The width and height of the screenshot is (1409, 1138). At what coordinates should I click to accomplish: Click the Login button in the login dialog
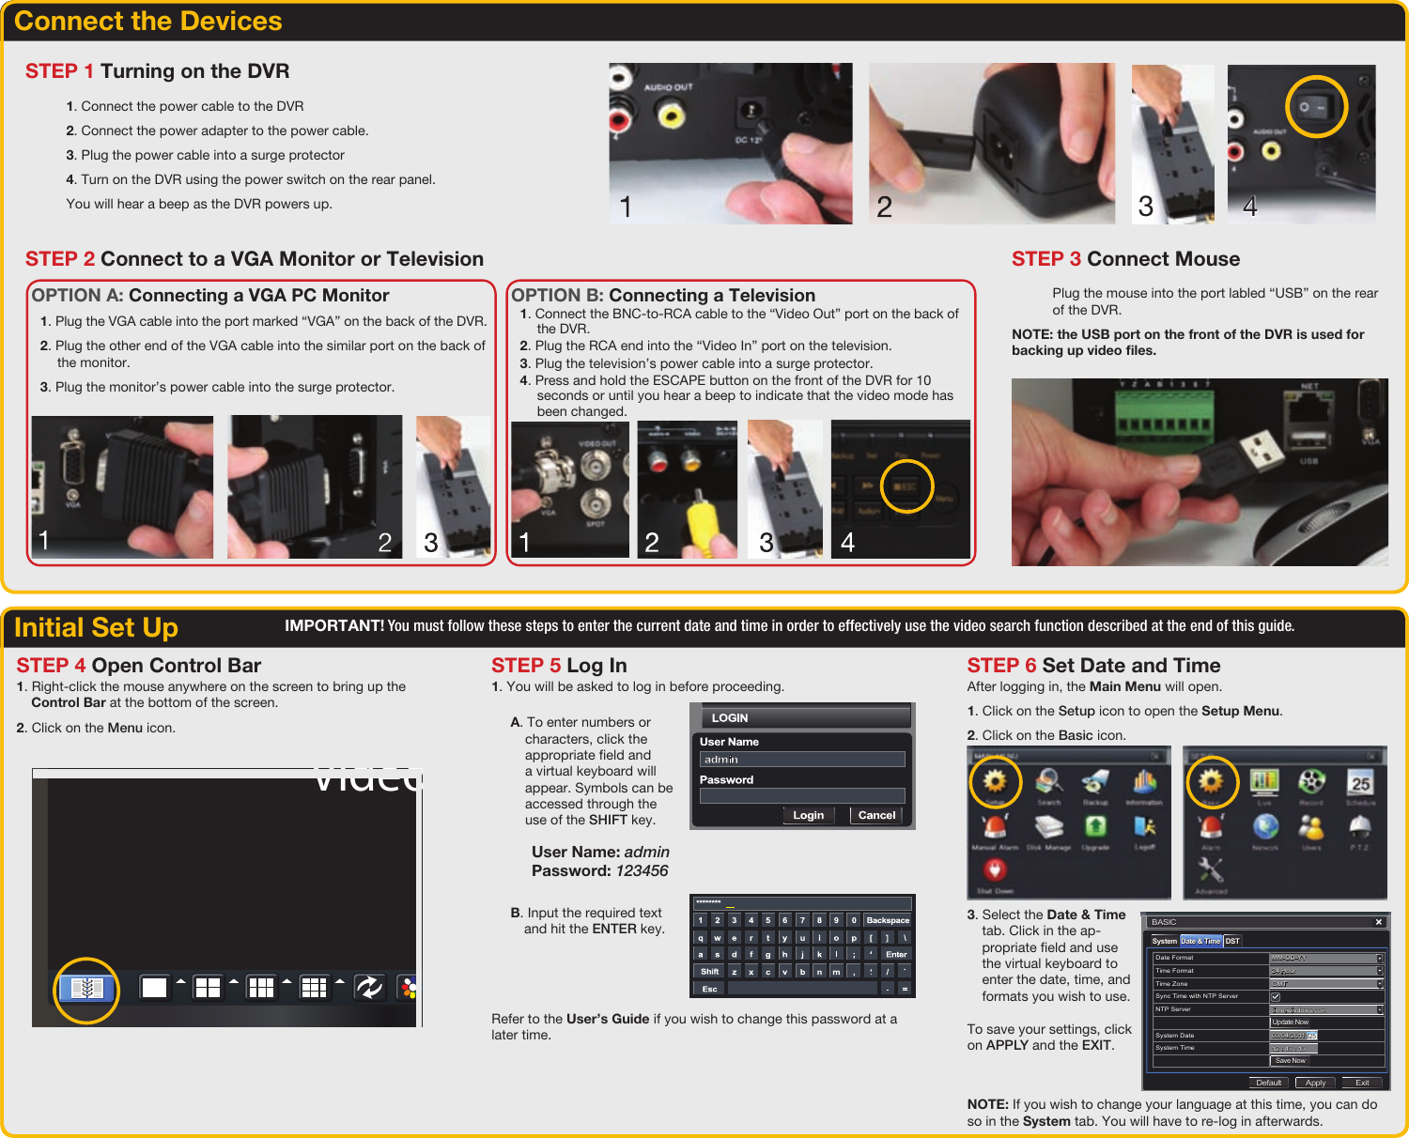[x=808, y=815]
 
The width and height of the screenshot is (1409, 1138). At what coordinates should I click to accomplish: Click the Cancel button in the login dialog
[x=876, y=815]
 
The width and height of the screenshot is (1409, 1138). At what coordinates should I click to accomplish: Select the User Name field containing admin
[x=801, y=760]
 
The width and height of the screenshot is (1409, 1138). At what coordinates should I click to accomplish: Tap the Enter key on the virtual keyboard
[x=896, y=954]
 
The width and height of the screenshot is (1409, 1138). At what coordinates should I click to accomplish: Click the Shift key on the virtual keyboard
[x=709, y=972]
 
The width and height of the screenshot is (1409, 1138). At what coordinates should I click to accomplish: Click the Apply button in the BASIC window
[x=1315, y=1083]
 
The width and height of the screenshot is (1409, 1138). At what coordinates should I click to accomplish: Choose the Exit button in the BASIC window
[x=1362, y=1083]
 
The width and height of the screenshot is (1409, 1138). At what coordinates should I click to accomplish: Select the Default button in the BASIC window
[x=1268, y=1083]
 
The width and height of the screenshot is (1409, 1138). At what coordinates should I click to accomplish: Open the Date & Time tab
[x=1200, y=941]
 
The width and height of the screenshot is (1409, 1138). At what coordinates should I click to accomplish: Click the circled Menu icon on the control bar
[x=86, y=989]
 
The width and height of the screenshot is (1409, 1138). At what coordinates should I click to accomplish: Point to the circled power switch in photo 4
[x=1316, y=107]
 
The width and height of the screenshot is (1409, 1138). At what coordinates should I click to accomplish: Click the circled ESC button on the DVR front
[x=906, y=486]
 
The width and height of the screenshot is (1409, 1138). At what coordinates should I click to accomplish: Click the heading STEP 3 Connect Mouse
[x=1125, y=259]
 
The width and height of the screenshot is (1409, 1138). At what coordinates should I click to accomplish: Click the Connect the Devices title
[x=148, y=22]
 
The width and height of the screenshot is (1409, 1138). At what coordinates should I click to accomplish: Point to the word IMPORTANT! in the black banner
[x=334, y=626]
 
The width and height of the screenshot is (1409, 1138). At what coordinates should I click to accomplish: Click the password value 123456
[x=642, y=871]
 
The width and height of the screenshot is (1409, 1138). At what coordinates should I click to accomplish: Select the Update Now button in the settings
[x=1291, y=1022]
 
